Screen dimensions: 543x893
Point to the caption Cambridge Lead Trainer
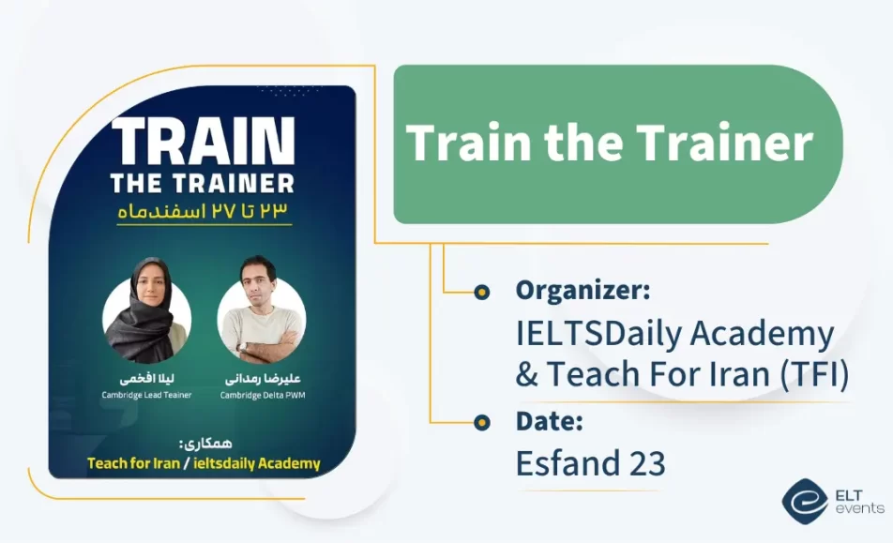[x=147, y=395]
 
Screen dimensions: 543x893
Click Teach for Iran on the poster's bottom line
[x=133, y=463]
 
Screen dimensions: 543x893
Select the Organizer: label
[x=583, y=291]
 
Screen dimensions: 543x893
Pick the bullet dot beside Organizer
[x=482, y=292]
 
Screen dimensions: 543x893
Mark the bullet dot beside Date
[x=482, y=422]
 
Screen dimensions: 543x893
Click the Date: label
[x=550, y=422]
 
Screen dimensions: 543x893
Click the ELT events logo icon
[x=803, y=501]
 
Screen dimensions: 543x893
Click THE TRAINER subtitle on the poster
[x=203, y=182]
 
